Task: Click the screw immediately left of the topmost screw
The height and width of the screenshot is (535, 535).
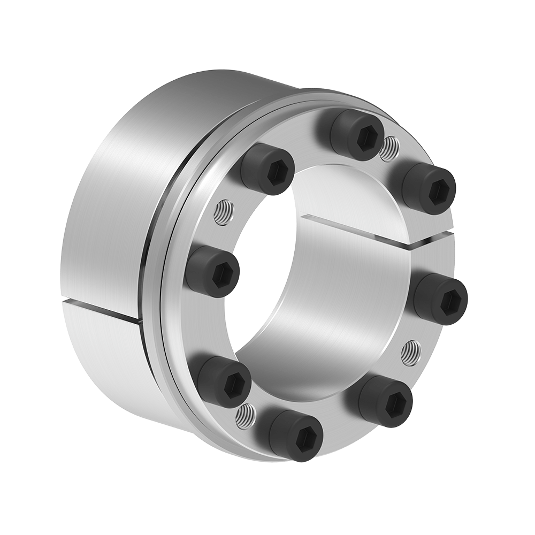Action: click(x=269, y=169)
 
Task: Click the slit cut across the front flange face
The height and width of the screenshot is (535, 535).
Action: click(x=364, y=230)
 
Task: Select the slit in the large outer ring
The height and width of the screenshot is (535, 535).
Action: click(x=102, y=312)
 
